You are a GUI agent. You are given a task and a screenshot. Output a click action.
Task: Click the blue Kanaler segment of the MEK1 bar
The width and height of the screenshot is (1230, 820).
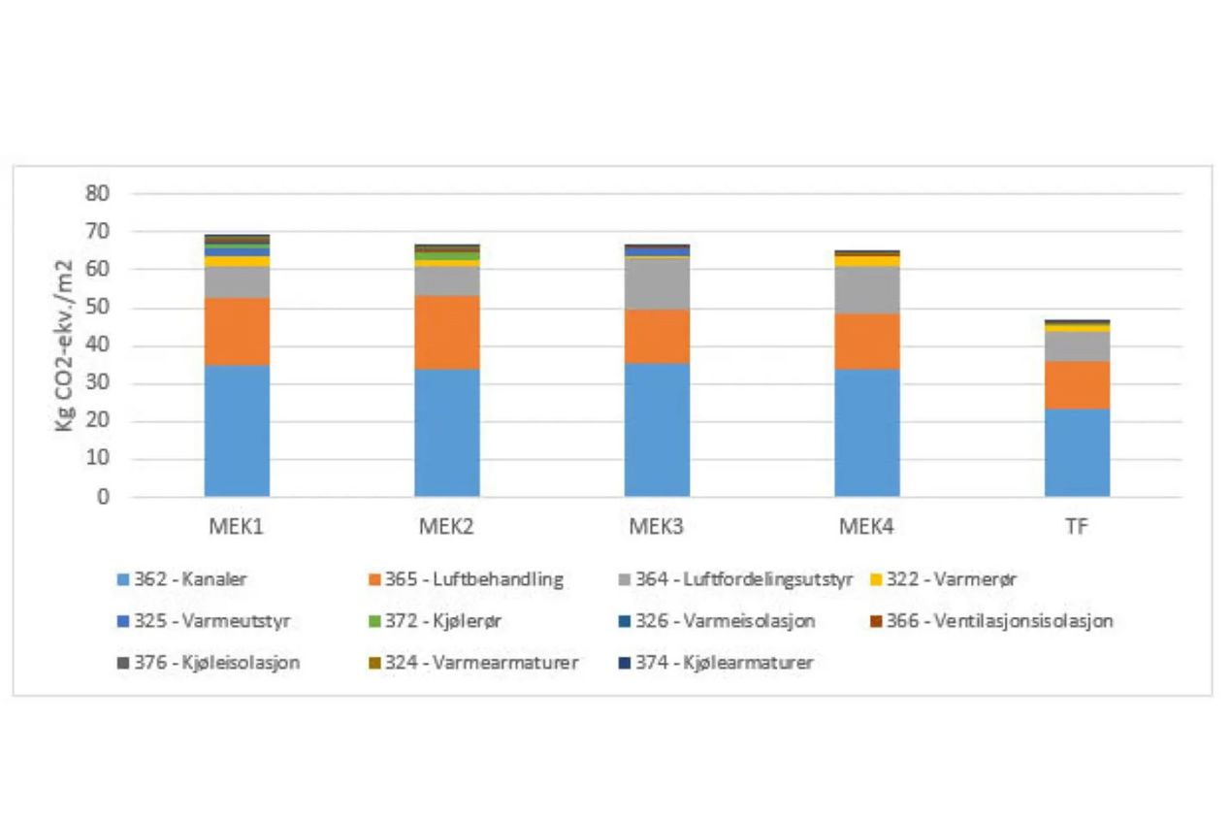[x=237, y=431]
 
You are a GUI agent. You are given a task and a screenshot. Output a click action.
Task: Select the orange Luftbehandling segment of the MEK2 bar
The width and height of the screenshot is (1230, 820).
[x=447, y=332]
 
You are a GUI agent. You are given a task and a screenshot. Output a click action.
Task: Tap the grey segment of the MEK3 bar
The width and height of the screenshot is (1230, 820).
[x=657, y=283]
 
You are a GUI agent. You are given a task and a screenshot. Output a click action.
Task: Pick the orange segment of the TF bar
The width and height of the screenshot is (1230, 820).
[x=1077, y=384]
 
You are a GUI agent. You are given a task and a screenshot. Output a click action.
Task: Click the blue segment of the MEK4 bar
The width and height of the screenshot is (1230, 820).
[x=867, y=433]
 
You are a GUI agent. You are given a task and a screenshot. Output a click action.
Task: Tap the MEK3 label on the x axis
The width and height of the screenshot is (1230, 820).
[x=657, y=527]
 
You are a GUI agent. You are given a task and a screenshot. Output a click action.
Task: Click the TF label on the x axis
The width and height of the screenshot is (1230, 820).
[x=1077, y=527]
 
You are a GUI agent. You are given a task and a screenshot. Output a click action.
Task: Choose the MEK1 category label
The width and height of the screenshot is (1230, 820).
[x=237, y=527]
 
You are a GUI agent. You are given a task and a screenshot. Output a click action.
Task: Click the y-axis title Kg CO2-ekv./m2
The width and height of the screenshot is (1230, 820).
[x=64, y=345]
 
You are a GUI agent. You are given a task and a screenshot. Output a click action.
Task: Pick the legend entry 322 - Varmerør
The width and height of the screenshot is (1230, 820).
[x=941, y=580]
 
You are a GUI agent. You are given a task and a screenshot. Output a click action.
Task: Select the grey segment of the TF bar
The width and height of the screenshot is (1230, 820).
[x=1077, y=346]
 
